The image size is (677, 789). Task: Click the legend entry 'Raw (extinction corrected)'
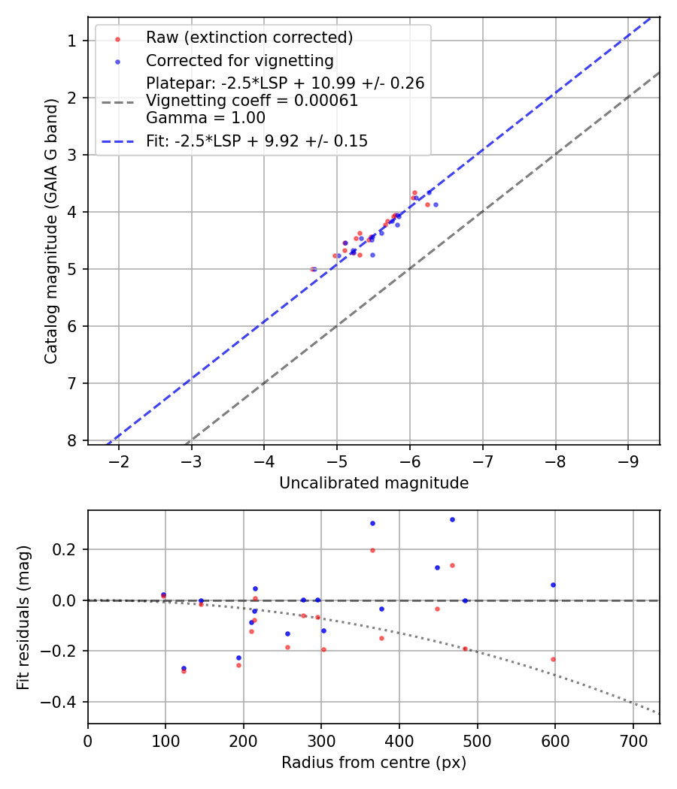[249, 38]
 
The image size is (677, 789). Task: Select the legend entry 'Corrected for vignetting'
[239, 60]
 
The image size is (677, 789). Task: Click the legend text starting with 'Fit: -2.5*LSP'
[257, 141]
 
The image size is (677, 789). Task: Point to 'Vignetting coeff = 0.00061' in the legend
[252, 101]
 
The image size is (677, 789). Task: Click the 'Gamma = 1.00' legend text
[205, 118]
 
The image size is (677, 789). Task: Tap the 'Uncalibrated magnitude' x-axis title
[374, 483]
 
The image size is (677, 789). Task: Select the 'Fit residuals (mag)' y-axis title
[24, 617]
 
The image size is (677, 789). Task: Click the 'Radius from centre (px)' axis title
[374, 763]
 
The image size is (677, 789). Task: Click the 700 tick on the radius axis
[633, 740]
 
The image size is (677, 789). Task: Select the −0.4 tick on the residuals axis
[63, 702]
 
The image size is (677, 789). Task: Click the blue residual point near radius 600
[553, 585]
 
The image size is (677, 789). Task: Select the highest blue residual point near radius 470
[452, 519]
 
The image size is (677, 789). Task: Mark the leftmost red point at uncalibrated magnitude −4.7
[312, 269]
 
